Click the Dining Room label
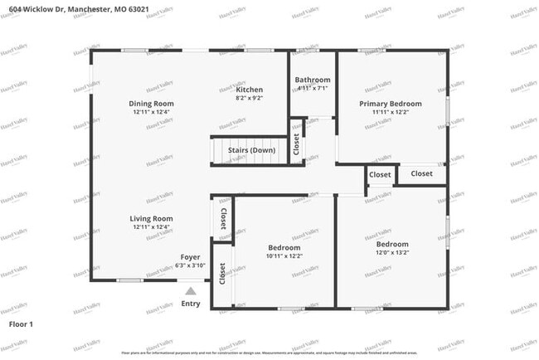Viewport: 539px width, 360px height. (151, 104)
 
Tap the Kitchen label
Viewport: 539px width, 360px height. (250, 90)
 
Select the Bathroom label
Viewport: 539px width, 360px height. (312, 80)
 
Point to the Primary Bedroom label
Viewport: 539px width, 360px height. (391, 104)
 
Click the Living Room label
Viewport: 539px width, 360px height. (151, 218)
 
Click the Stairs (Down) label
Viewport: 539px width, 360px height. (252, 150)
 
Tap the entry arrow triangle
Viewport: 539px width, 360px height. (191, 291)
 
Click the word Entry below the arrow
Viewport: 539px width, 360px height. (191, 304)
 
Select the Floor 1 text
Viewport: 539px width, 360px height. (21, 324)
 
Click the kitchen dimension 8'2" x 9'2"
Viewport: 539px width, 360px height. (250, 98)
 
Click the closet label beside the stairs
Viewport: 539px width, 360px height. (296, 144)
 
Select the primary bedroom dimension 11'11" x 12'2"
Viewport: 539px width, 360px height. (391, 112)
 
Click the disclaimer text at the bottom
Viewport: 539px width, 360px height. (269, 353)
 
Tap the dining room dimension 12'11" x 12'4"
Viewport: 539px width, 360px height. (151, 112)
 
